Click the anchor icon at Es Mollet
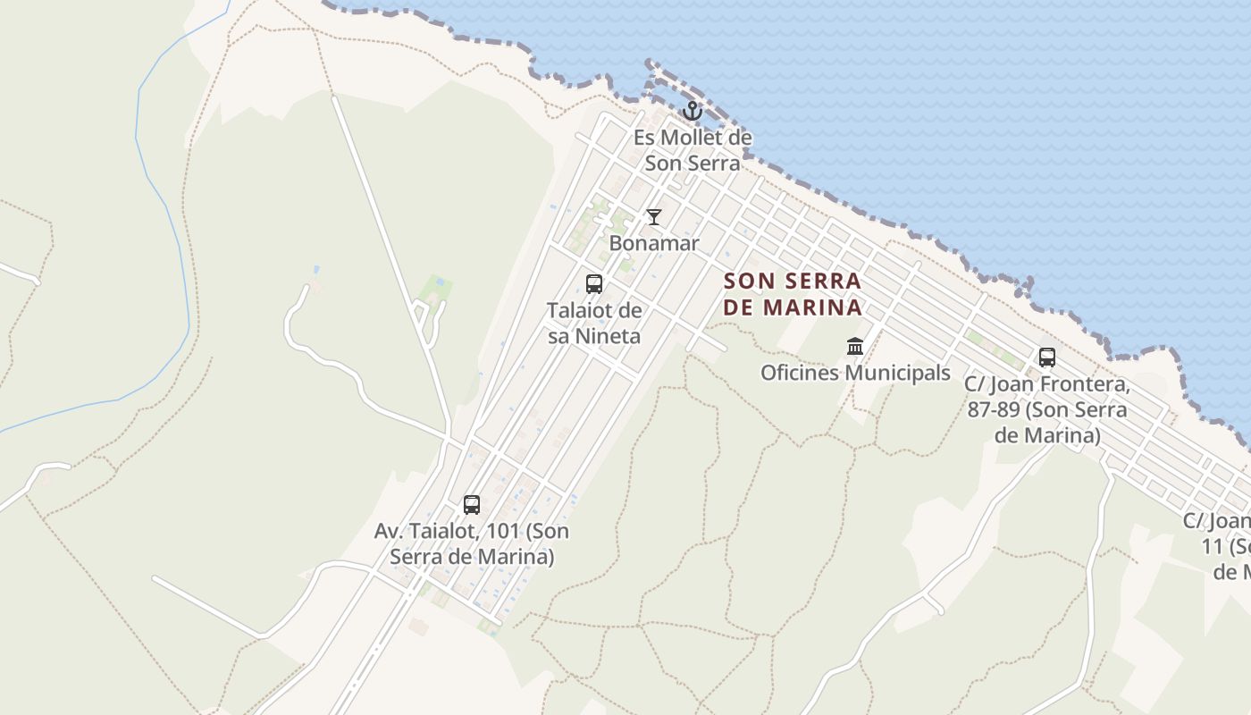691,111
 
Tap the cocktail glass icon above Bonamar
654,217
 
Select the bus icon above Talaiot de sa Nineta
594,284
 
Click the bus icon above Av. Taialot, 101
472,505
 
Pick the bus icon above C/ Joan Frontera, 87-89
1047,357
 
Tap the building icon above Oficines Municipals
855,346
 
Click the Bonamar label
654,243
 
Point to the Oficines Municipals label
855,373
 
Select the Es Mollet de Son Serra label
693,151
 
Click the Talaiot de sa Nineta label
594,324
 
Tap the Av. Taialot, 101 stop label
472,543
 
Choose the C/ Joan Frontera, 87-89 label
1047,410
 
